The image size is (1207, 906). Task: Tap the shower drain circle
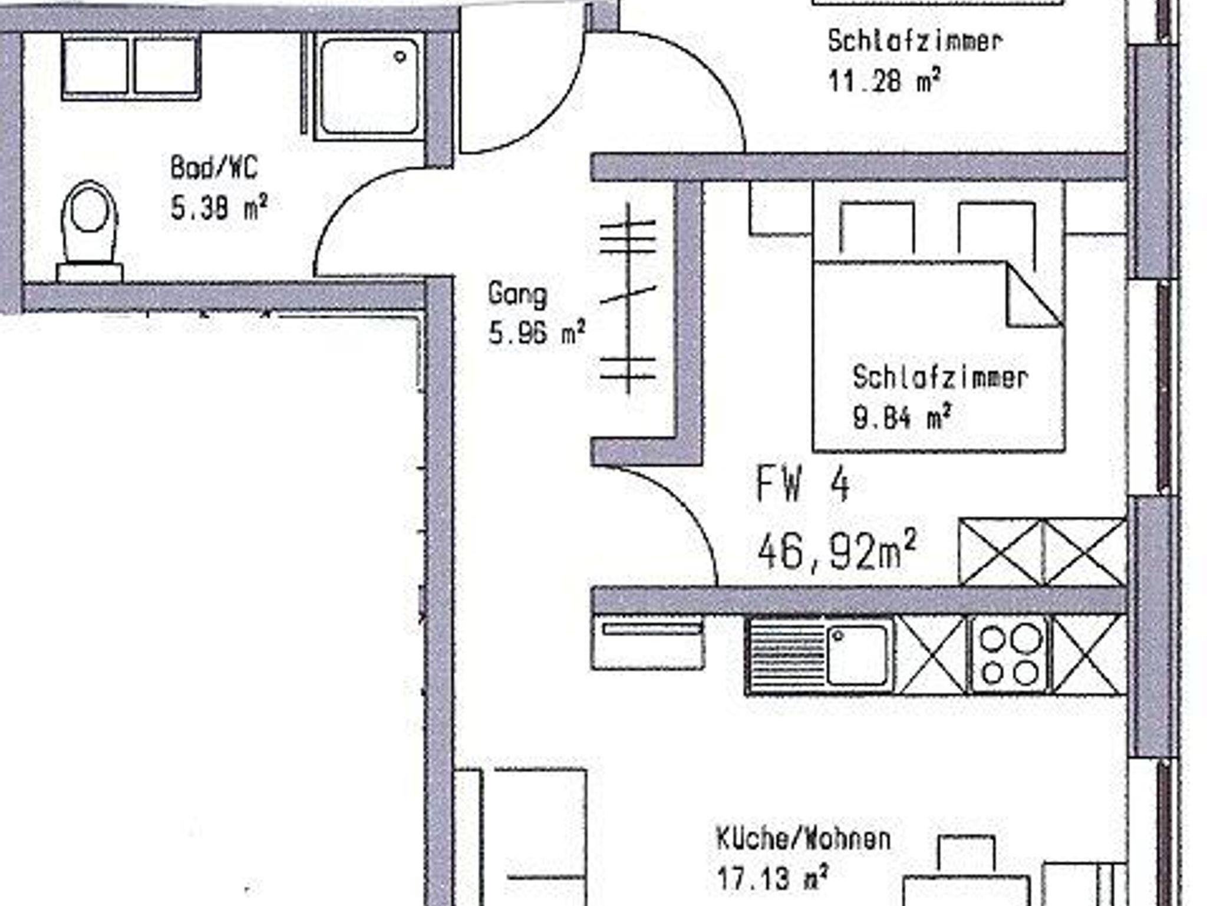pos(400,57)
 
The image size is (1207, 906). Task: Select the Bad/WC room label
pos(214,167)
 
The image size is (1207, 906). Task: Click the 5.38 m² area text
pos(219,207)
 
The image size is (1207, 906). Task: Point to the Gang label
pos(517,295)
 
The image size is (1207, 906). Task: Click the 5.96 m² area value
pos(537,333)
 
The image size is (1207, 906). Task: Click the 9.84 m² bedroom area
pos(902,416)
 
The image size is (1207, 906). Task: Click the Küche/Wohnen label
pos(803,839)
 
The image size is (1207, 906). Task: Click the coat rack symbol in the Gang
pos(628,298)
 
